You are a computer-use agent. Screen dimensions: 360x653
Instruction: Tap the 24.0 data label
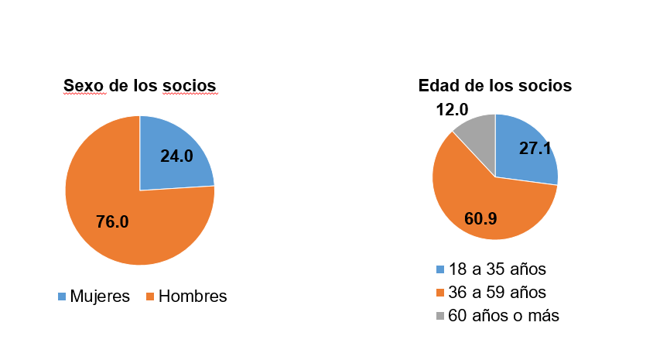[x=176, y=156]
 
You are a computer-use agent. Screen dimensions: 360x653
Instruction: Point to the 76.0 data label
[x=112, y=222]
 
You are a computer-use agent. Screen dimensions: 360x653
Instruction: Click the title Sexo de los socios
[x=139, y=85]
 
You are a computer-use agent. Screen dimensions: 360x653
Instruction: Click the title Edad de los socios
[x=494, y=85]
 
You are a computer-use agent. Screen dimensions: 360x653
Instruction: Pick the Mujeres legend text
[x=99, y=297]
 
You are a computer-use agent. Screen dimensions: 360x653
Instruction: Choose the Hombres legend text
[x=193, y=297]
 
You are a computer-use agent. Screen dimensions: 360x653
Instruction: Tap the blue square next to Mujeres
[x=62, y=297]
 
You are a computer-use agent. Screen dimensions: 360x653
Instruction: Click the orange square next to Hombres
[x=151, y=297]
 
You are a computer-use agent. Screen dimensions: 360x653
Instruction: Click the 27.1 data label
[x=535, y=149]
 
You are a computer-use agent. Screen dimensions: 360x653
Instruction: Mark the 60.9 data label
[x=480, y=218]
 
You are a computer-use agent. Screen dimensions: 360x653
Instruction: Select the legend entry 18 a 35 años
[x=497, y=269]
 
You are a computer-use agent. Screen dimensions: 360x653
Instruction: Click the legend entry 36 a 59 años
[x=497, y=293]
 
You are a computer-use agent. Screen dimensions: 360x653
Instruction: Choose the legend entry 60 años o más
[x=504, y=316]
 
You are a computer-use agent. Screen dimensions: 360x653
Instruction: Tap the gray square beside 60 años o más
[x=440, y=316]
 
